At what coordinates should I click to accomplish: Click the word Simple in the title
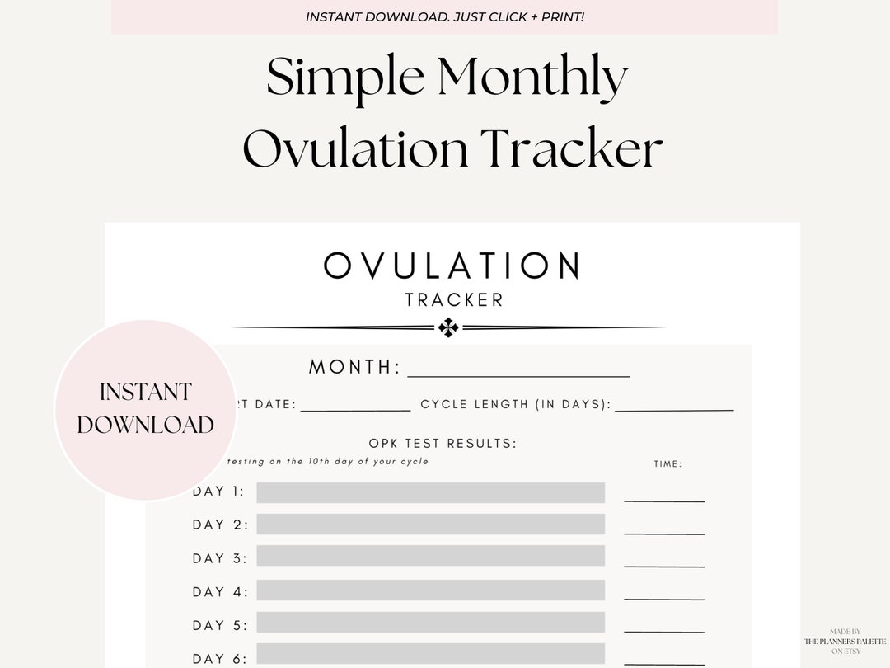[x=345, y=78]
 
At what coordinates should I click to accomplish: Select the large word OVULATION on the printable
[x=452, y=266]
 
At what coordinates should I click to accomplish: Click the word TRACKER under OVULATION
[x=454, y=299]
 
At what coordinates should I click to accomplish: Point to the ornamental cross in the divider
[x=448, y=328]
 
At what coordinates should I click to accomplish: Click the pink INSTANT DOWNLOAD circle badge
[x=145, y=409]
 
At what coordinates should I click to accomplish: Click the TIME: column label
[x=667, y=464]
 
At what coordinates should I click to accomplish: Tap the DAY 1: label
[x=218, y=492]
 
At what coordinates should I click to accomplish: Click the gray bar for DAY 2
[x=430, y=525]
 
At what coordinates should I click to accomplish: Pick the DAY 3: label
[x=219, y=558]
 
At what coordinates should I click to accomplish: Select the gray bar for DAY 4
[x=430, y=590]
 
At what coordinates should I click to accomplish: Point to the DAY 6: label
[x=219, y=658]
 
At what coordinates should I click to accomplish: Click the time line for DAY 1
[x=664, y=500]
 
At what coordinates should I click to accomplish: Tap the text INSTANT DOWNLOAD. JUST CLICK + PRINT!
[x=445, y=17]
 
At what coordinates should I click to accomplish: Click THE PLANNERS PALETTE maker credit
[x=846, y=641]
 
